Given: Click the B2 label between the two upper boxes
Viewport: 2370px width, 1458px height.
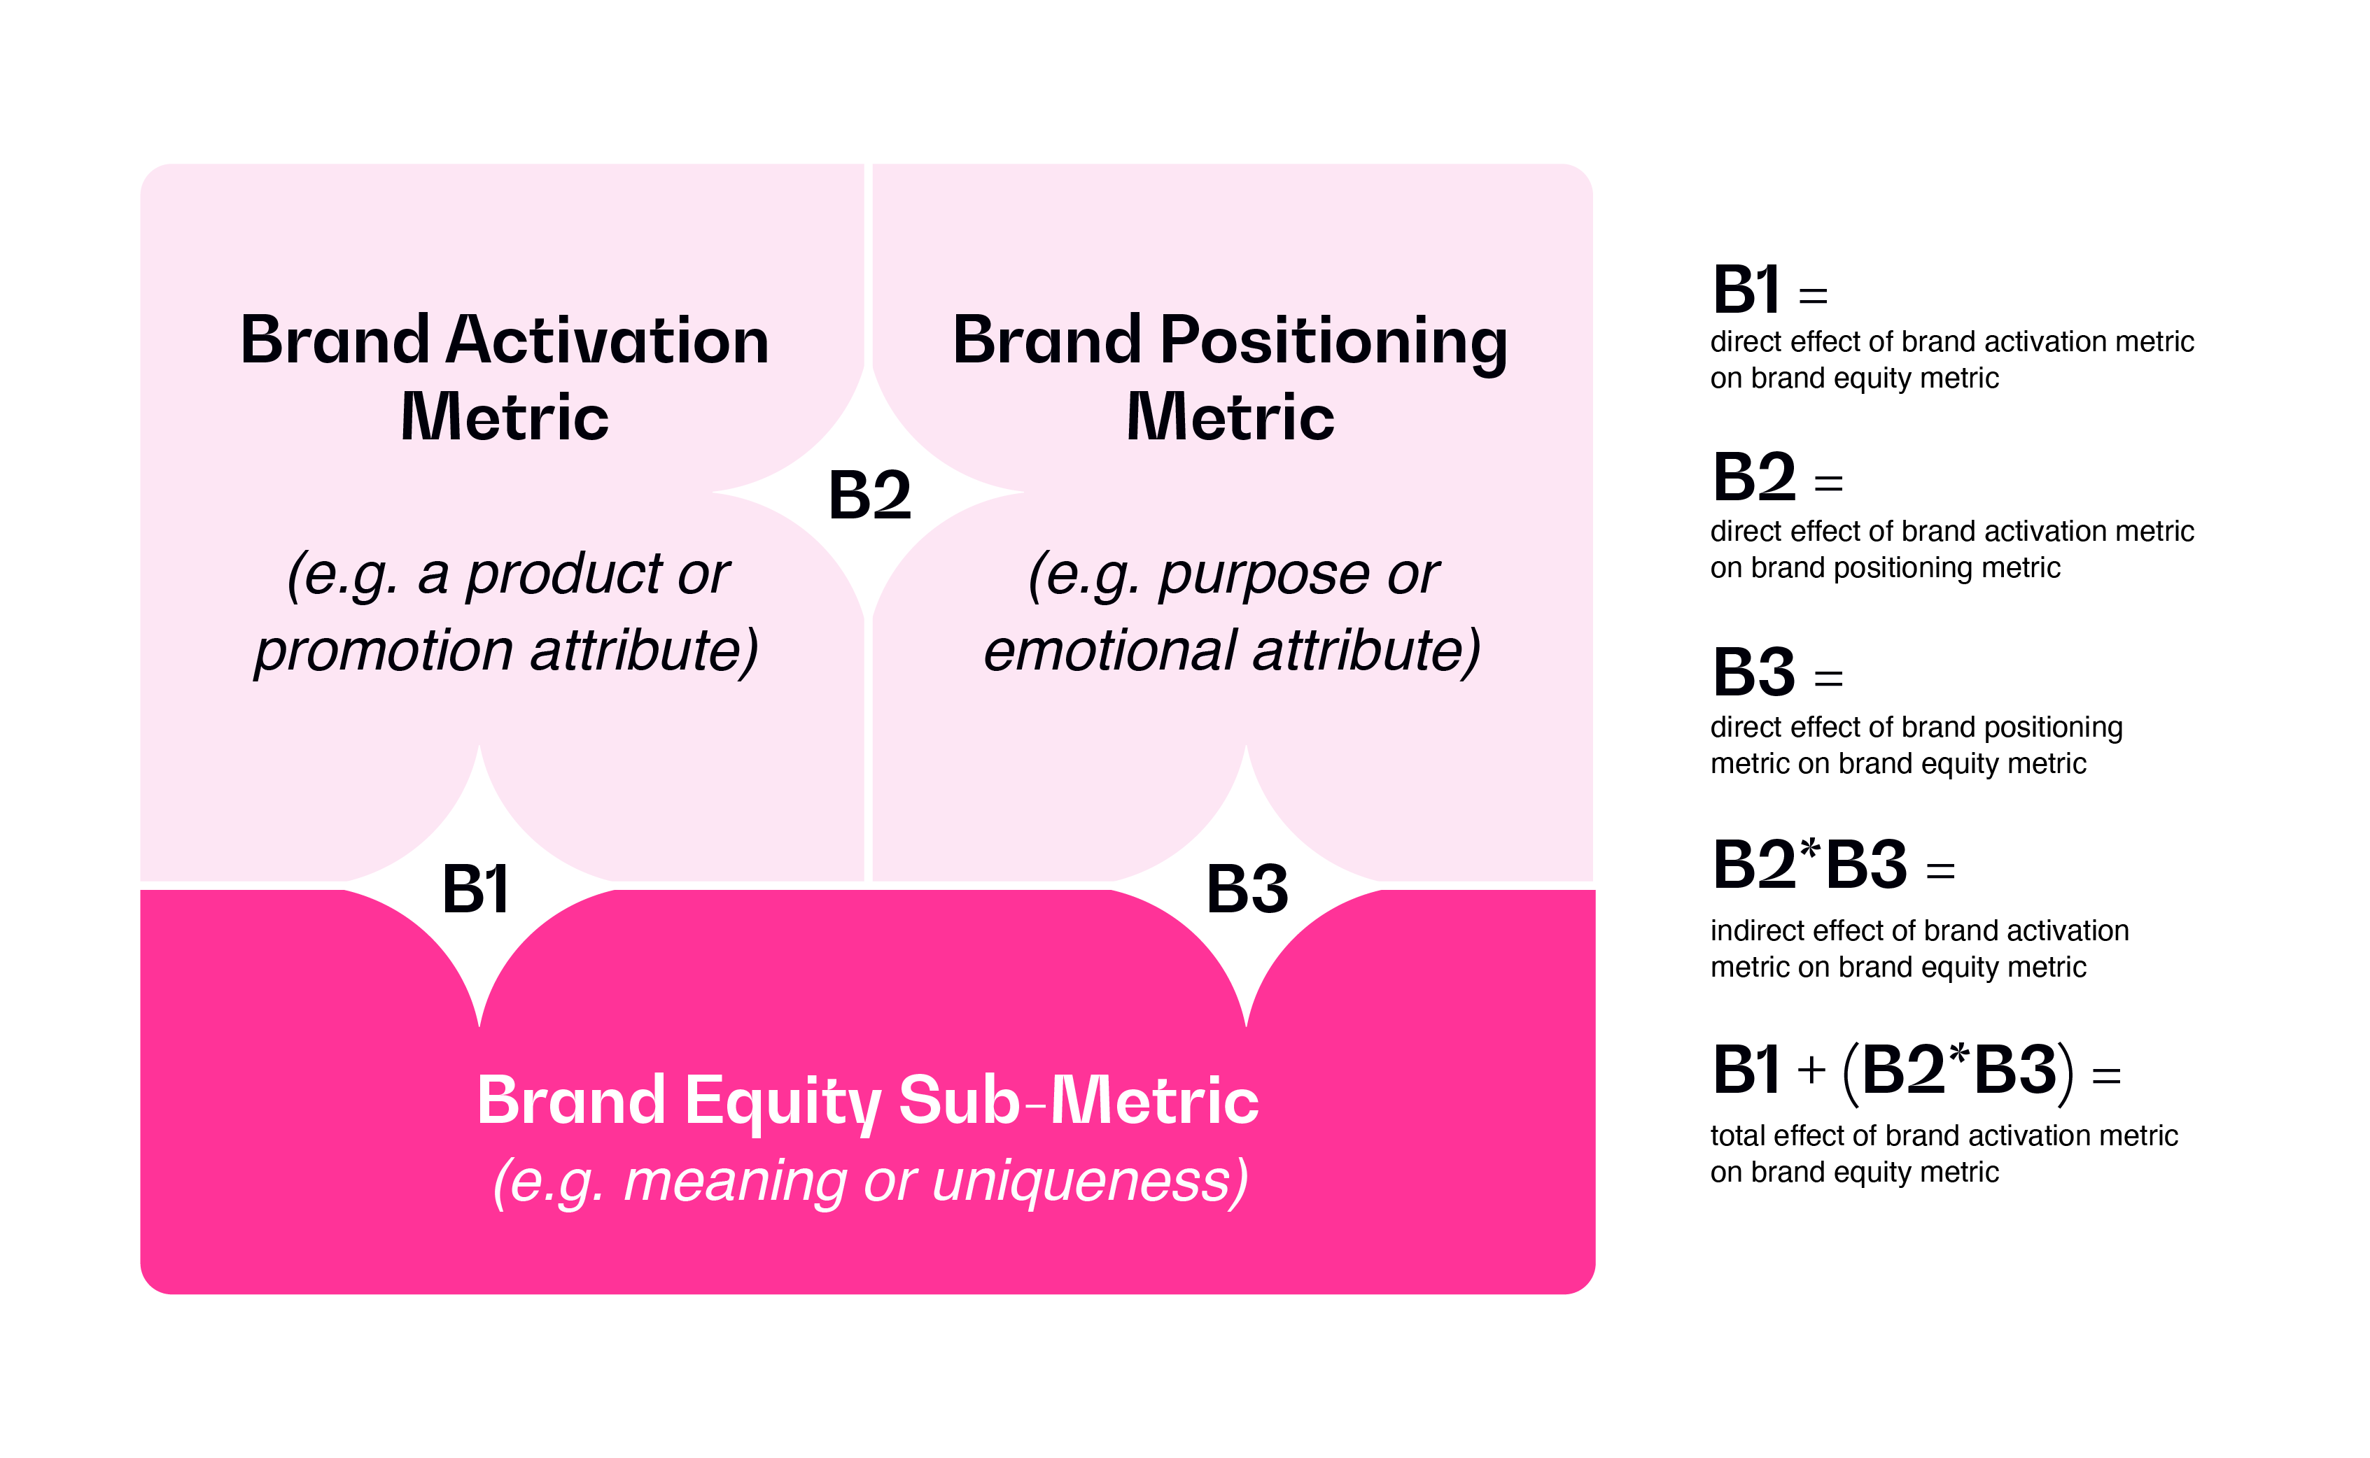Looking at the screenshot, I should pos(869,495).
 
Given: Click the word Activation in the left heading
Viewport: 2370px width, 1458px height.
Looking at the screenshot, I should pos(607,341).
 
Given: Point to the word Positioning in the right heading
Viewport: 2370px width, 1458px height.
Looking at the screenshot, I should pos(1333,342).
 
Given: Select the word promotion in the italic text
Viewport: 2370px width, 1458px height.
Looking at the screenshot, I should pos(383,651).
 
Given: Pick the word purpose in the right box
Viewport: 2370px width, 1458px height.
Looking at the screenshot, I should pos(1263,576).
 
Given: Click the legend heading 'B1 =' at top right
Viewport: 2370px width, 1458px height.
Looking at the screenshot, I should pos(1769,290).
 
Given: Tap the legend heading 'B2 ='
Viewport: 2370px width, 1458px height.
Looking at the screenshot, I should pos(1776,479).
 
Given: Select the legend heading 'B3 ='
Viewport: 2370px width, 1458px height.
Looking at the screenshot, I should pos(1776,673).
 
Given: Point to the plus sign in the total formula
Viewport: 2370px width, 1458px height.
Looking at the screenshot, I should pos(1811,1070).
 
